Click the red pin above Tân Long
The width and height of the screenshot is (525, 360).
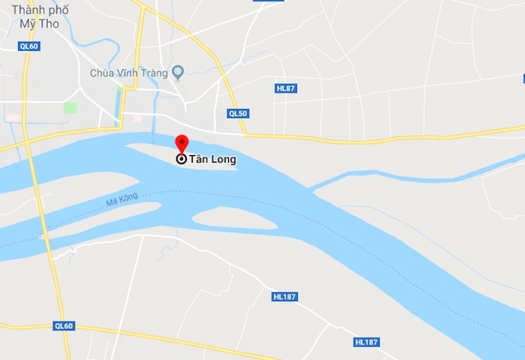tap(181, 141)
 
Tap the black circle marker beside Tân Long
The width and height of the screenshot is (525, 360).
tap(181, 159)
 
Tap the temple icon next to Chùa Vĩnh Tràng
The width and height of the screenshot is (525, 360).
tap(177, 73)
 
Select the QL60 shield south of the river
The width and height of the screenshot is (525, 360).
tap(64, 326)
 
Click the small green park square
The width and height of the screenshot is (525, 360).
tap(71, 107)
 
